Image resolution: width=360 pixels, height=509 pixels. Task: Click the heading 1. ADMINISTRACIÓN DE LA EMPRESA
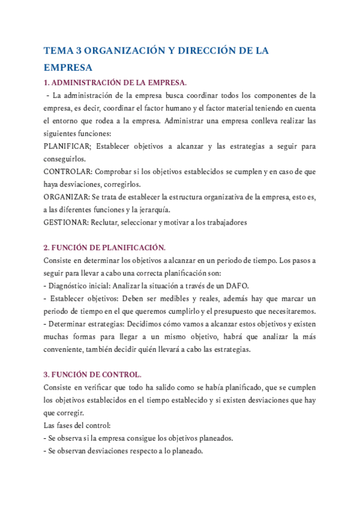coord(115,82)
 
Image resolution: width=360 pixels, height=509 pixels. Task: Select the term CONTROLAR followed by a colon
coord(68,172)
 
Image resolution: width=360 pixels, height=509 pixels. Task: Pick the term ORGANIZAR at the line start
coord(68,197)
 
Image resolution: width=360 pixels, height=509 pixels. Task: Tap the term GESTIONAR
coord(66,222)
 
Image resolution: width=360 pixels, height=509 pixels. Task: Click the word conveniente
coord(65,349)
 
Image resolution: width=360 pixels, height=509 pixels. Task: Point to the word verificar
coord(102,388)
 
